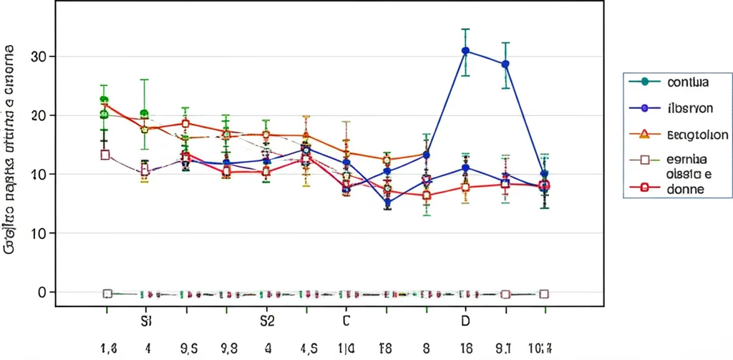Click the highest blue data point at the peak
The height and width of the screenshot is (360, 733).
(x=465, y=51)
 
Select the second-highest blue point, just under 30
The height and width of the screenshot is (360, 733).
(x=505, y=64)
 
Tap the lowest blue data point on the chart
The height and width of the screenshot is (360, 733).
(x=387, y=203)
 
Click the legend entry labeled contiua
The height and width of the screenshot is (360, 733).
(x=687, y=82)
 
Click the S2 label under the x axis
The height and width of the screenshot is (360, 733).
(x=267, y=321)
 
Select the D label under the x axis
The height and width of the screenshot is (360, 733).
(x=465, y=321)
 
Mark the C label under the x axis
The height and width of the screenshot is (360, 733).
(x=346, y=321)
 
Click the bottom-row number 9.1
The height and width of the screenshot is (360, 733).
(x=505, y=349)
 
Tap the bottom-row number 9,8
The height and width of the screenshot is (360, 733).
(x=228, y=349)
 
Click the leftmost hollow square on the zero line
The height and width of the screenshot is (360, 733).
(x=107, y=293)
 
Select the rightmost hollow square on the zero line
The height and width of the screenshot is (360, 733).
(x=543, y=294)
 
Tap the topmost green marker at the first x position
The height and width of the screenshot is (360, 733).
(x=104, y=100)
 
